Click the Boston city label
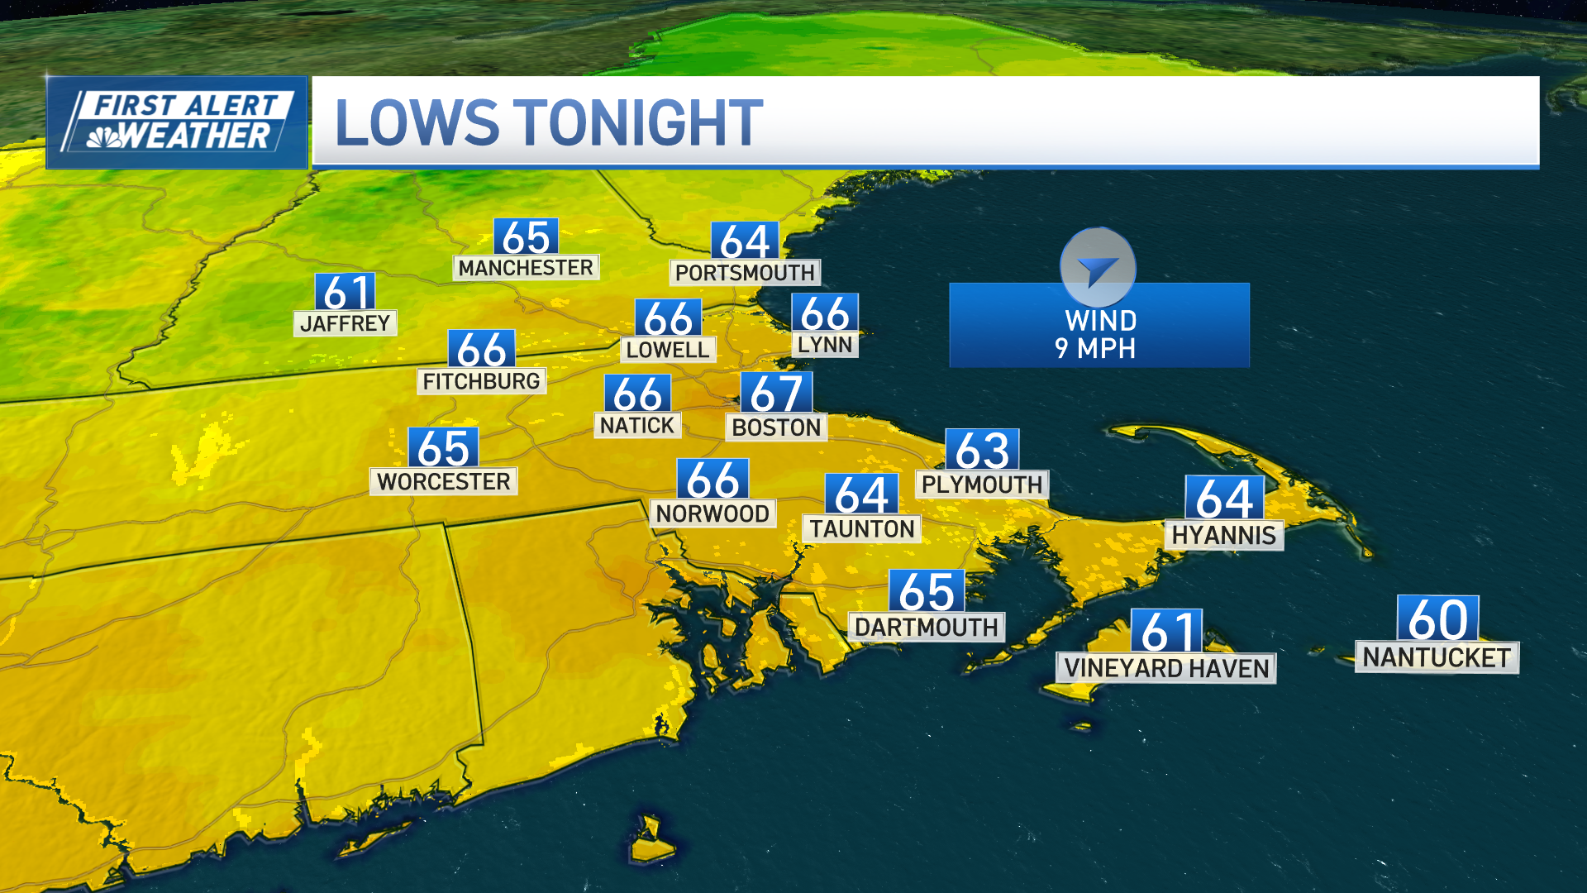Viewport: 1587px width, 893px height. tap(776, 427)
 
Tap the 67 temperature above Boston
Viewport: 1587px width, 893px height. tap(776, 393)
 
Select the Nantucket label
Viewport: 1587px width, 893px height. tap(1437, 657)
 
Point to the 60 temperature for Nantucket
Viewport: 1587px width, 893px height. tap(1437, 618)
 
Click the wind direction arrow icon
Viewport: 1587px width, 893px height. tap(1098, 268)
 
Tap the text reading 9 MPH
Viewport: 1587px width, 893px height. tap(1095, 349)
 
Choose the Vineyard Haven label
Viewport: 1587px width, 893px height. tap(1165, 668)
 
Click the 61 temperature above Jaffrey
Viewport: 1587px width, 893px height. tap(346, 292)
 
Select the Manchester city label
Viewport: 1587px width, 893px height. tap(526, 268)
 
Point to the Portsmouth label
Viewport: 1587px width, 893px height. tap(745, 273)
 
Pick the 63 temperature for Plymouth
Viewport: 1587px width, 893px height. tap(982, 451)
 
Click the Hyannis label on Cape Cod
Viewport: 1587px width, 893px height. tap(1223, 536)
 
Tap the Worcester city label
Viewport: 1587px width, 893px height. tap(443, 481)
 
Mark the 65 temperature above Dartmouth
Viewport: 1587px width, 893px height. tap(927, 591)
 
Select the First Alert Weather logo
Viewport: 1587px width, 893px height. tap(178, 122)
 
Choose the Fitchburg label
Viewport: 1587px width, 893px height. tap(481, 381)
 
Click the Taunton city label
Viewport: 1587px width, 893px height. tap(861, 529)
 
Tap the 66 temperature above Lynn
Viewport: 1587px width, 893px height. tap(825, 313)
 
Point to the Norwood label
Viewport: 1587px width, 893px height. tap(712, 513)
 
